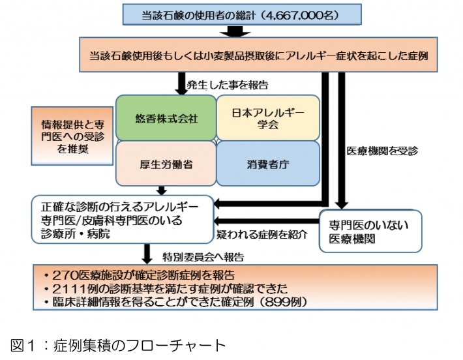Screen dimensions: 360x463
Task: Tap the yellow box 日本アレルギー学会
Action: tap(268, 117)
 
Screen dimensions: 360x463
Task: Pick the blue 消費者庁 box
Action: tap(268, 164)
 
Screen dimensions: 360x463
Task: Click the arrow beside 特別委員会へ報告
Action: tap(148, 253)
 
